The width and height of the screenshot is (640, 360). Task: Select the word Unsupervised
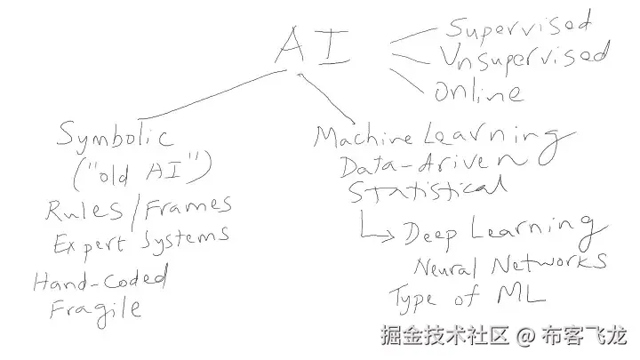tap(523, 57)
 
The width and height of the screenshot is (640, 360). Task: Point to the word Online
tap(478, 89)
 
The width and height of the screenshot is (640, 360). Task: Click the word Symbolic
tap(115, 136)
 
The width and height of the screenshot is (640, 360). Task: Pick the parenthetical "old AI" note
tap(139, 169)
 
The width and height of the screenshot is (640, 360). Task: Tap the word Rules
tap(85, 210)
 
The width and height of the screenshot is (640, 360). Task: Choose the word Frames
tap(188, 206)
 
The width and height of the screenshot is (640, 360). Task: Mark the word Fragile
tap(95, 308)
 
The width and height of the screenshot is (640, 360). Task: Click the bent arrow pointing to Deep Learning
tap(373, 229)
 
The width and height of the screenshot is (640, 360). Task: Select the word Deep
tap(432, 233)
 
